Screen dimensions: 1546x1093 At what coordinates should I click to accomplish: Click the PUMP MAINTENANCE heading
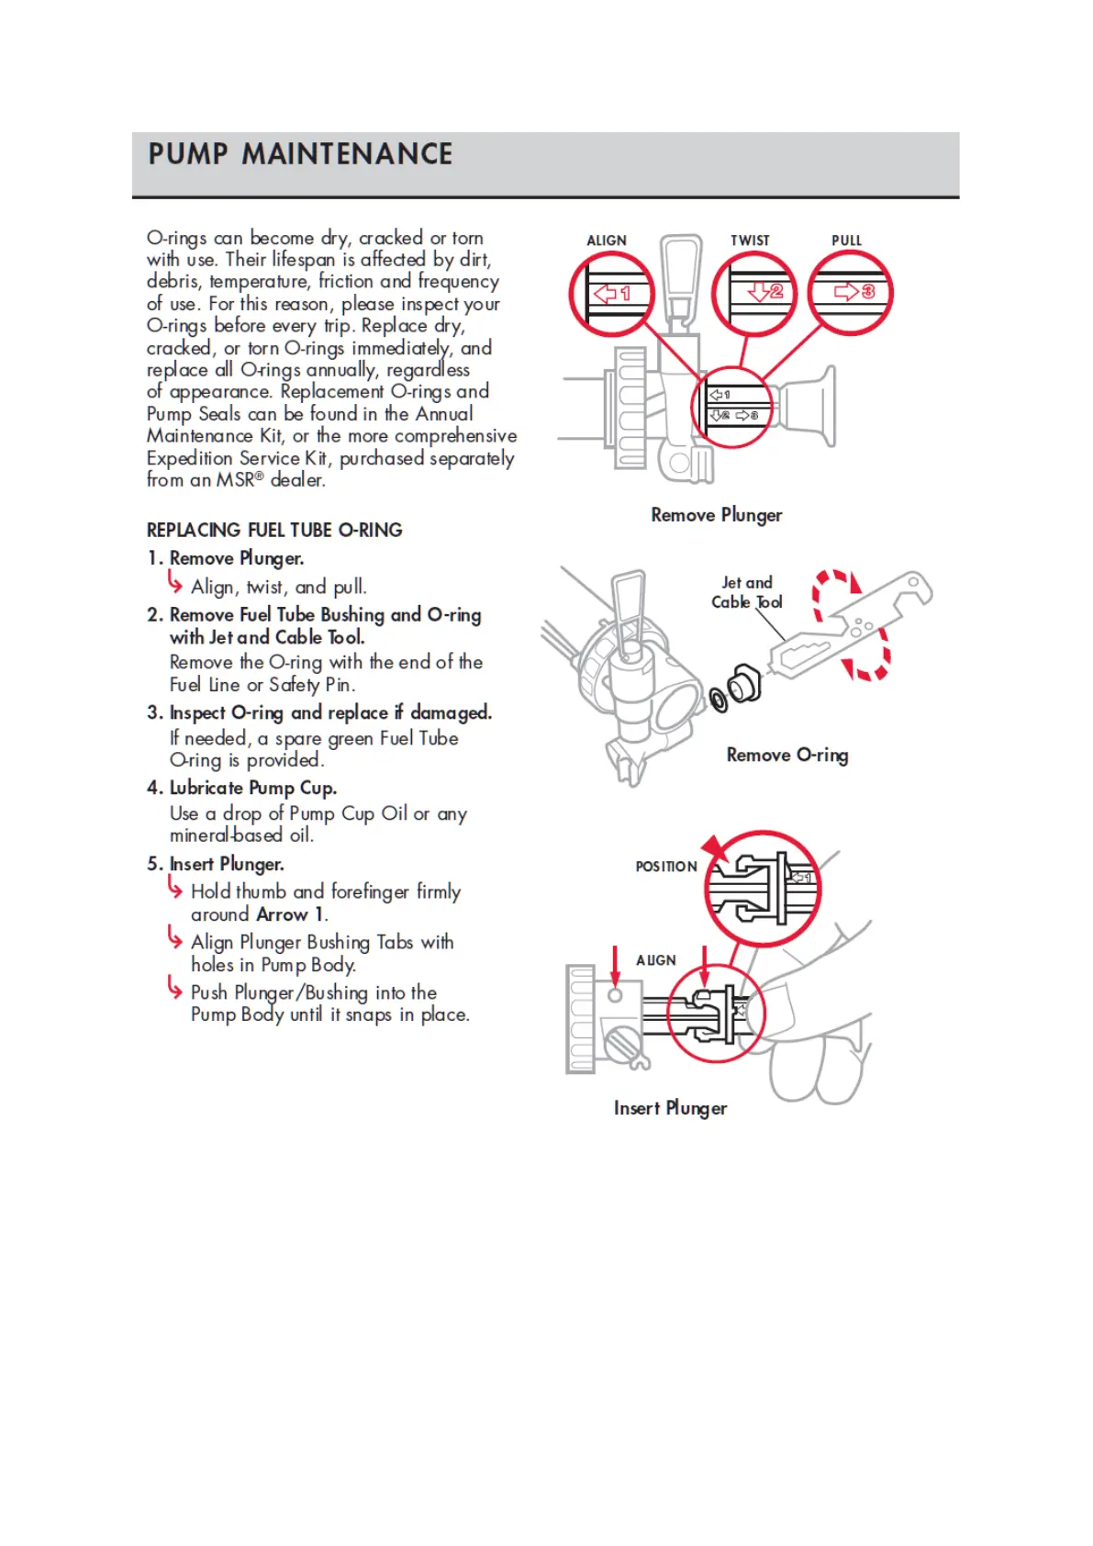[x=300, y=154]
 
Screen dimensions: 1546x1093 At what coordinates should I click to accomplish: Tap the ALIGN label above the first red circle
[x=607, y=241]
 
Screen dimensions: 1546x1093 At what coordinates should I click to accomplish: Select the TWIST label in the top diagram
[x=750, y=241]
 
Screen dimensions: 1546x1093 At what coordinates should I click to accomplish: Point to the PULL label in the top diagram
[x=846, y=241]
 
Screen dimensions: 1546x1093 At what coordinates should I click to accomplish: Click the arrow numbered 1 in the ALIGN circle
[x=612, y=294]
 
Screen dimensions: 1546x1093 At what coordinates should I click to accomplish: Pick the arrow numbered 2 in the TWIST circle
[x=764, y=292]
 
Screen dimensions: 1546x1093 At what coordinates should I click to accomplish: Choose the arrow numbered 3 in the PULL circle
[x=854, y=292]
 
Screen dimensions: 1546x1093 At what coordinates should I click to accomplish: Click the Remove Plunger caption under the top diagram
[x=716, y=515]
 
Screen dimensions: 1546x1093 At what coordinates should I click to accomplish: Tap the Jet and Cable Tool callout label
[x=747, y=592]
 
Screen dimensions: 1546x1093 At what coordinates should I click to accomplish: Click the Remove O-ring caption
[x=786, y=755]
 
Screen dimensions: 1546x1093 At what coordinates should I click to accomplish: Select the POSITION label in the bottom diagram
[x=666, y=867]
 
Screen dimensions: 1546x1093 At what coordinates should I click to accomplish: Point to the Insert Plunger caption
[x=670, y=1108]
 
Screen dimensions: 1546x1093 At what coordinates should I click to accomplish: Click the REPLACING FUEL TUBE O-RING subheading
[x=274, y=530]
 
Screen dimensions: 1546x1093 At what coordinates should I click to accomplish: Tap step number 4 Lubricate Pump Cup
[x=243, y=788]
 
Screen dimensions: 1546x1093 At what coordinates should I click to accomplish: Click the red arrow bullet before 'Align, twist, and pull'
[x=174, y=582]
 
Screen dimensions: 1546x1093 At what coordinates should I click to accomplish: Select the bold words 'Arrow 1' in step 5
[x=291, y=914]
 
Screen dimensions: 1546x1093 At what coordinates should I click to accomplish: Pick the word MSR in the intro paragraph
[x=236, y=480]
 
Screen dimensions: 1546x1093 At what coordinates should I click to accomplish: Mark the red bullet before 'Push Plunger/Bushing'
[x=174, y=988]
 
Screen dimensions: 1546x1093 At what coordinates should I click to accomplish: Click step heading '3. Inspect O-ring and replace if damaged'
[x=319, y=712]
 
